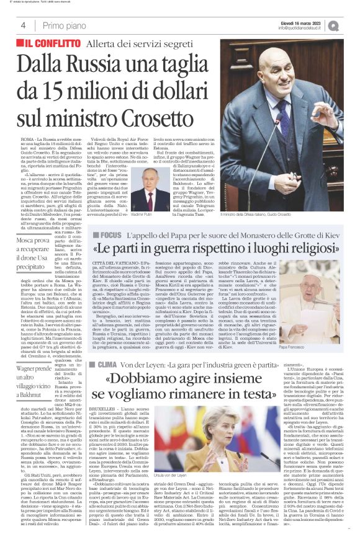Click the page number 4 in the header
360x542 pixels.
coord(23,25)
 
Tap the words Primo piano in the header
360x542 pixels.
coord(63,25)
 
